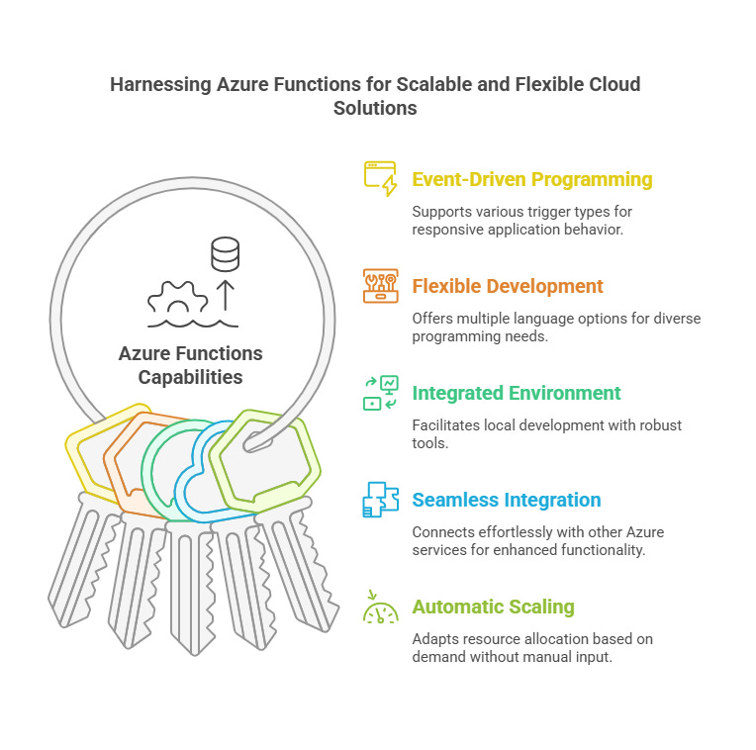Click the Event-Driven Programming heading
[x=531, y=180]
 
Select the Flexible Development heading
[x=507, y=287]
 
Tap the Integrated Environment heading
[x=517, y=394]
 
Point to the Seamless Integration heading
[x=507, y=501]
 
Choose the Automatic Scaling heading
[x=493, y=608]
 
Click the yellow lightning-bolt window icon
[x=380, y=179]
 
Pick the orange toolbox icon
[x=380, y=286]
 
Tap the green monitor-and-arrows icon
[x=380, y=393]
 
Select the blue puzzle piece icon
[x=380, y=500]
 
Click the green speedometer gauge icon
[x=380, y=608]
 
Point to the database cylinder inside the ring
[x=226, y=254]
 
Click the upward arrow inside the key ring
[x=226, y=295]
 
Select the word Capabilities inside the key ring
[x=190, y=377]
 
